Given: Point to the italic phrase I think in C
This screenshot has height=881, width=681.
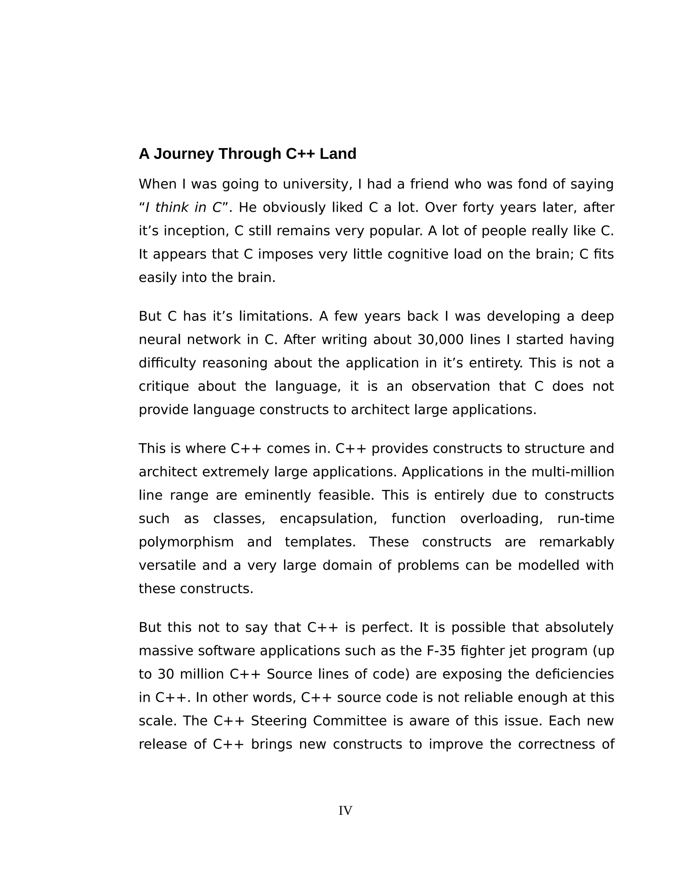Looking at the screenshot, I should pyautogui.click(x=184, y=208).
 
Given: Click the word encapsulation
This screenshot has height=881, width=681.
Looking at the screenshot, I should pyautogui.click(x=328, y=519).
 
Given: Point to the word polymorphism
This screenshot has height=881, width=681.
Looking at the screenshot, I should pyautogui.click(x=186, y=542).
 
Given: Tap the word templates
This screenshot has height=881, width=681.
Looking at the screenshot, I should pyautogui.click(x=320, y=542).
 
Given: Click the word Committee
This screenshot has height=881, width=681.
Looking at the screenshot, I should pyautogui.click(x=349, y=721).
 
